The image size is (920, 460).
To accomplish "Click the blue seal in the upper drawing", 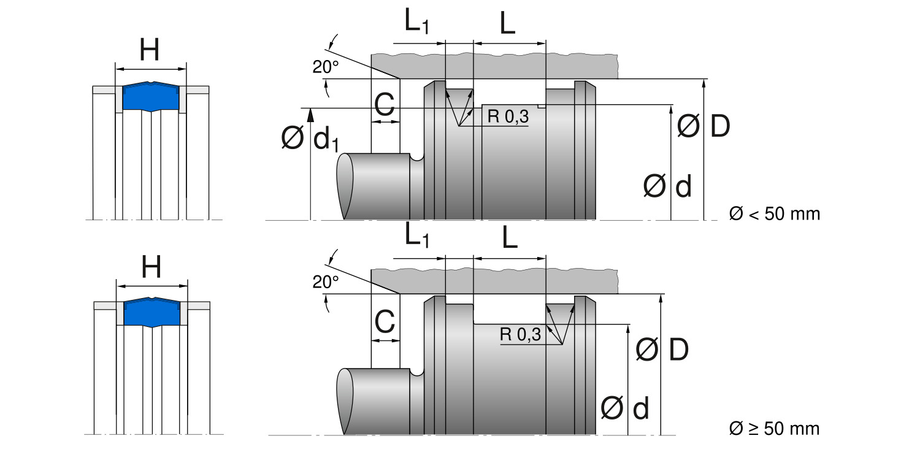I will click(151, 96).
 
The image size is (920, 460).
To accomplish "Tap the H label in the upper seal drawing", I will click(150, 50).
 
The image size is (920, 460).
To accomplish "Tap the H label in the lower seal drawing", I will click(151, 267).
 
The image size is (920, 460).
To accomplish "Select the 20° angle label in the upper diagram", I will click(326, 67).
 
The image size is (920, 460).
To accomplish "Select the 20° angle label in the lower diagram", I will click(326, 282).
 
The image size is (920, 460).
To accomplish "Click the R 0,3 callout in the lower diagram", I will click(520, 334).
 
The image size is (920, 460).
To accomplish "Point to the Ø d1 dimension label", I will click(310, 140).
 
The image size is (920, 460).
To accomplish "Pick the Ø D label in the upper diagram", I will click(703, 127).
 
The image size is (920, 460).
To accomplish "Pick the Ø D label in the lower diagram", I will click(662, 350).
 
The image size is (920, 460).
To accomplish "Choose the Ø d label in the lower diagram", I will click(625, 408).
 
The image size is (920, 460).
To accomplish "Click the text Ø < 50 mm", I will click(774, 213).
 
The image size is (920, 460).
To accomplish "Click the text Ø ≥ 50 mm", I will click(774, 427).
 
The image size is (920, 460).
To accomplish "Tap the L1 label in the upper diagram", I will click(416, 23).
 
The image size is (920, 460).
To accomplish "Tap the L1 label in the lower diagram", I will click(416, 237).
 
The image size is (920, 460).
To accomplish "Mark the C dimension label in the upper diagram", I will click(385, 105).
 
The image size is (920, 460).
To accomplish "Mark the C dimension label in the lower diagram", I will click(385, 322).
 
